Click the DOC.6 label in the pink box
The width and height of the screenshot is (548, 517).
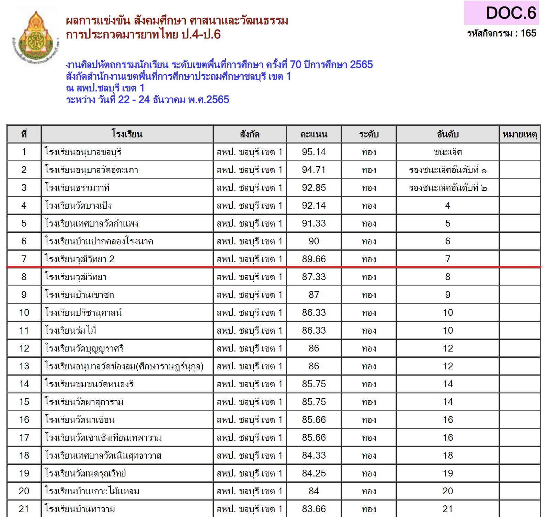point(511,13)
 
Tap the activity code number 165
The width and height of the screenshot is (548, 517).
point(528,33)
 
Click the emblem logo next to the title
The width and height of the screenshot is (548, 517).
point(35,38)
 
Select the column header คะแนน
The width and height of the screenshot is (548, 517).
point(313,134)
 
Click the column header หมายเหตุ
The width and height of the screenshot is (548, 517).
point(520,134)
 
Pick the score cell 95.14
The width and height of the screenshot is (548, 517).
point(313,152)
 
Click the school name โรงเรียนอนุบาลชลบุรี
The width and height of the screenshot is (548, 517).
point(83,152)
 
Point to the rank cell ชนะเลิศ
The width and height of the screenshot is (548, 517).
point(447,152)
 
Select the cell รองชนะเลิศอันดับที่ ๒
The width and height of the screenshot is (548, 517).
point(447,188)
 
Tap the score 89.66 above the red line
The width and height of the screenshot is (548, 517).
point(313,259)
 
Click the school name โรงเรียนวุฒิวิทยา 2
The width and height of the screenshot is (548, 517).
point(80,259)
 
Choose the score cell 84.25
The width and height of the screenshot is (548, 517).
point(313,473)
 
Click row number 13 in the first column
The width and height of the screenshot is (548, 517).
point(24,366)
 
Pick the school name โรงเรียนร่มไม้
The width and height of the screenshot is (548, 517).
point(71,331)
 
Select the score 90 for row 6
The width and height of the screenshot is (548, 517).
point(313,241)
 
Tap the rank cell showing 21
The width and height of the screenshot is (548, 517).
point(447,509)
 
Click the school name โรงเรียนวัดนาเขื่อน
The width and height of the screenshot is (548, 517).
point(80,420)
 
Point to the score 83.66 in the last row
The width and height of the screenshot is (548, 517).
point(313,509)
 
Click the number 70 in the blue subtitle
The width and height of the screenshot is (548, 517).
point(295,65)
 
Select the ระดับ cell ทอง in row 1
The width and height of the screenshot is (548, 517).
point(369,152)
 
